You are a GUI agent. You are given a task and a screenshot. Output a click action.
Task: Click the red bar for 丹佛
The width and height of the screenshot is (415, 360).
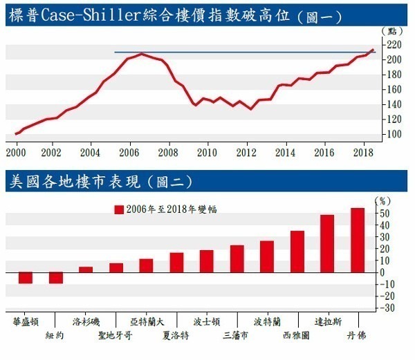(358, 240)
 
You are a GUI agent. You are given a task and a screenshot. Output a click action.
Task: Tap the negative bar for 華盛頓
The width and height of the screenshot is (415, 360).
(26, 277)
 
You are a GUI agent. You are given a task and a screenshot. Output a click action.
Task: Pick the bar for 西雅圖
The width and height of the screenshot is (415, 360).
(297, 252)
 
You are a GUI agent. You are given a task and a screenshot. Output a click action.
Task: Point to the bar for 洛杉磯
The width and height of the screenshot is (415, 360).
(86, 269)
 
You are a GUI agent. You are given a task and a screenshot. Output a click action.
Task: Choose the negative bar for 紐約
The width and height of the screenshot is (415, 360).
(56, 277)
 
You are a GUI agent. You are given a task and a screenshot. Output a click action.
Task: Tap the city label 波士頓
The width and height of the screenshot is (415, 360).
(207, 322)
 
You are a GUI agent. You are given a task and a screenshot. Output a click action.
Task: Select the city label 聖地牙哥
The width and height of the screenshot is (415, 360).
(116, 335)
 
